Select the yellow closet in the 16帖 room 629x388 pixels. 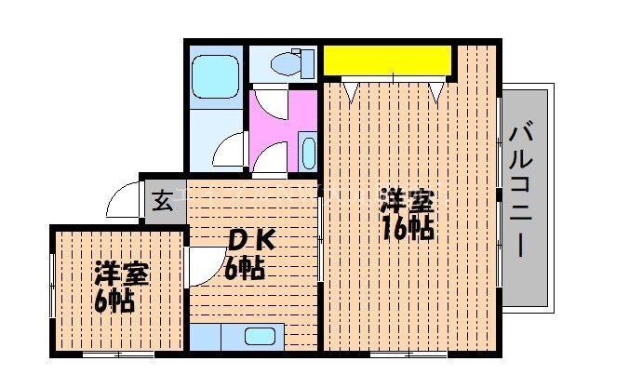click(x=387, y=61)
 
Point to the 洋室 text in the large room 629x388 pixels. click(x=408, y=200)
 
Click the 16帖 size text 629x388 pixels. click(x=408, y=228)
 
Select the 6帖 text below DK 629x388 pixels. click(x=245, y=270)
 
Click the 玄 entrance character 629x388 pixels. click(x=162, y=200)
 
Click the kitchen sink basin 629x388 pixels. click(x=261, y=337)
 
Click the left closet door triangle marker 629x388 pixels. click(x=352, y=91)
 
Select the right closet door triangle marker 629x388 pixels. click(x=436, y=91)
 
